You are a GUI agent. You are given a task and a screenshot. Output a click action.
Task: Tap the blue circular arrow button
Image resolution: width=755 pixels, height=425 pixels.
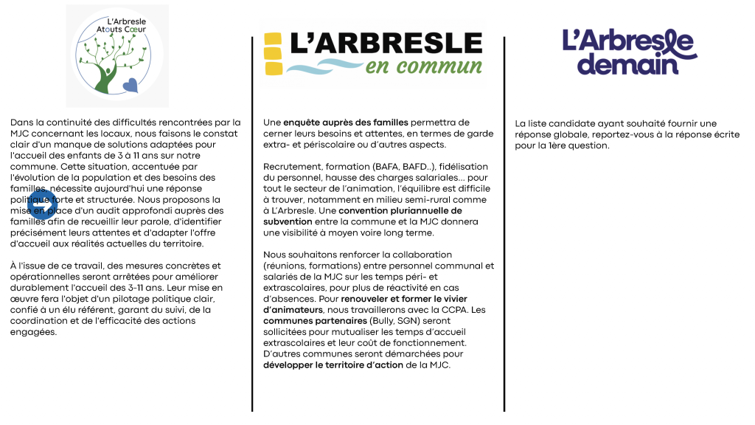point(41,206)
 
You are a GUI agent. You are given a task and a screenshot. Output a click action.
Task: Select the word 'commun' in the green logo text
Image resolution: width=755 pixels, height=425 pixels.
point(447,68)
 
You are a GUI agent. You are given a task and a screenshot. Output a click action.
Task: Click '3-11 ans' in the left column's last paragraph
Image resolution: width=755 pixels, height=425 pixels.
point(162,277)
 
